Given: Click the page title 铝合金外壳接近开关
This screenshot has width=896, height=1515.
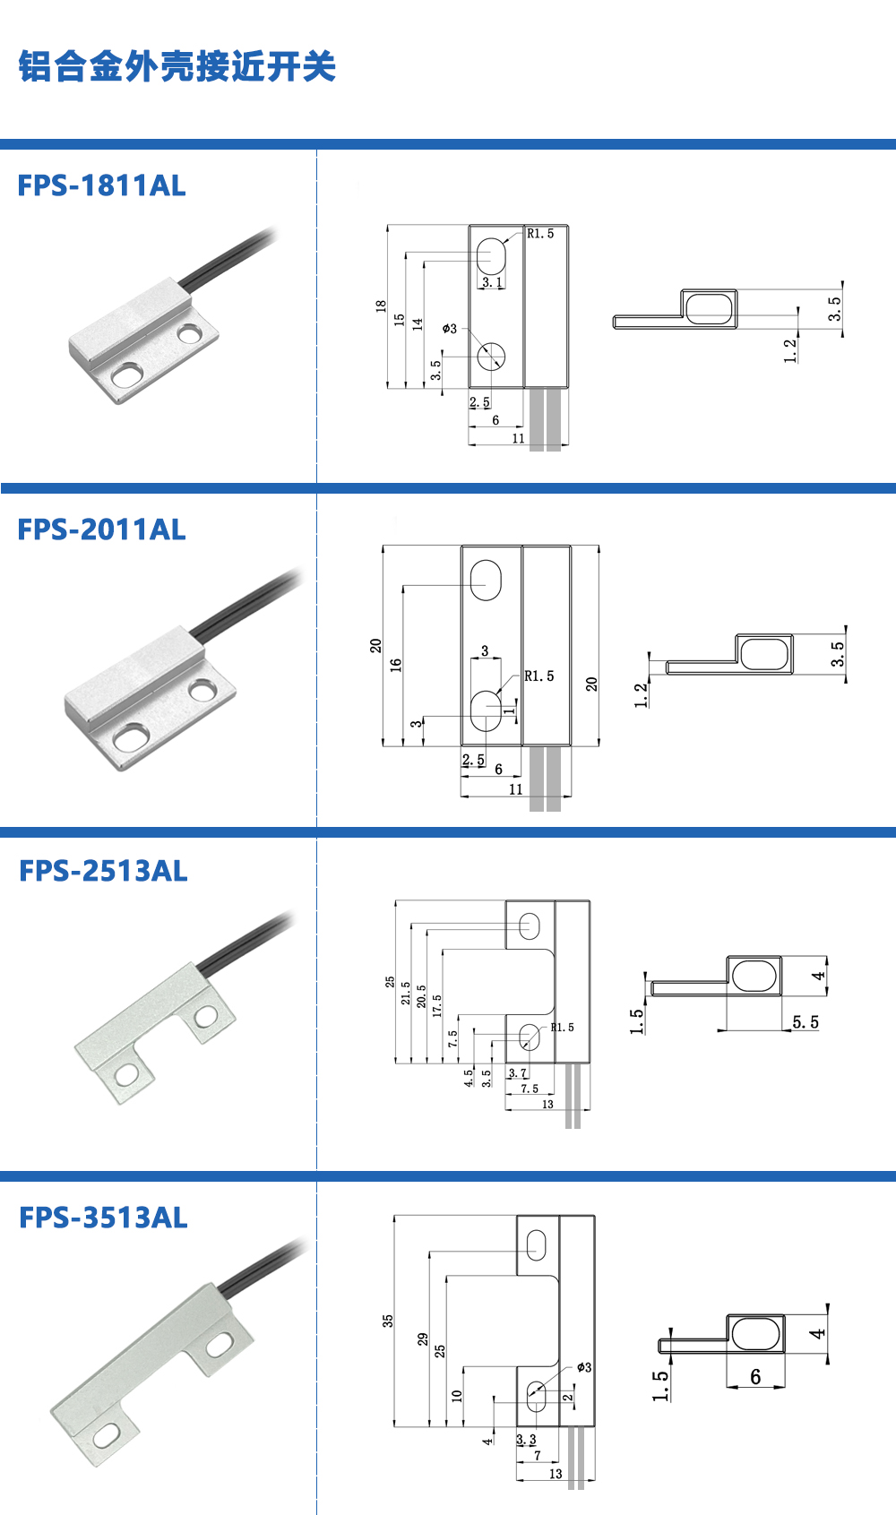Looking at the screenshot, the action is click(177, 66).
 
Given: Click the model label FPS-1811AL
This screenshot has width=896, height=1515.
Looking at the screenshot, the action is click(101, 185).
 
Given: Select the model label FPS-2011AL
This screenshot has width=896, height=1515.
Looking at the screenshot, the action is click(101, 529).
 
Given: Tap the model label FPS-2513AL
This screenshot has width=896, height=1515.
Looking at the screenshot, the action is click(103, 871).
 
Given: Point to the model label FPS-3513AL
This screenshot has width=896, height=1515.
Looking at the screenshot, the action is click(103, 1218).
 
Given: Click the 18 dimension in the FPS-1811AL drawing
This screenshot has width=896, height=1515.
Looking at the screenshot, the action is click(381, 306).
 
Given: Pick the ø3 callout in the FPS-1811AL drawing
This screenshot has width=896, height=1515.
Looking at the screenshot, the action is click(450, 329).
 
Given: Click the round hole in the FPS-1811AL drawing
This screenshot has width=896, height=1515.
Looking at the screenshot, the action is click(491, 357).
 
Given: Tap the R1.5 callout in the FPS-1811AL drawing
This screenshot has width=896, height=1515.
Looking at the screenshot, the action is click(540, 233).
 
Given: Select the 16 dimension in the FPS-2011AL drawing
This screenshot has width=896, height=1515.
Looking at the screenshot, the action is click(396, 665).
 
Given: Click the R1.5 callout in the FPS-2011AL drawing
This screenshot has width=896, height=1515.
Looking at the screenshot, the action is click(539, 676).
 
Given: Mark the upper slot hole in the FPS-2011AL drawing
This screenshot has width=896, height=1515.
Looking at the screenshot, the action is click(486, 580).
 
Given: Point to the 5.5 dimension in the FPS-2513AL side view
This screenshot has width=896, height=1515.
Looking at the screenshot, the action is click(806, 1022).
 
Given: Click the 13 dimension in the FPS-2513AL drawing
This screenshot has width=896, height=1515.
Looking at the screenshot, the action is click(547, 1104).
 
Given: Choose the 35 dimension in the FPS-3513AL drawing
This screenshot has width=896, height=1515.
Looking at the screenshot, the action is click(387, 1321).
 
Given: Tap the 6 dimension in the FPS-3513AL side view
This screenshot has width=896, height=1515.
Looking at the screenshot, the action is click(755, 1376).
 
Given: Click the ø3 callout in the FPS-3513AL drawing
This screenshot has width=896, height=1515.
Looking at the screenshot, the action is click(584, 1367).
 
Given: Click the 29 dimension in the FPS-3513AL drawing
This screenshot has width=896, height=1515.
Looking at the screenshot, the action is click(423, 1339).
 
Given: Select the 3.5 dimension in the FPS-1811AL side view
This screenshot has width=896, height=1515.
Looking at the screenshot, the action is click(835, 309).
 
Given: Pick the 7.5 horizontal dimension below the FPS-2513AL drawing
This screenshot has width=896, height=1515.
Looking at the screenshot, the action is click(530, 1089).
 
